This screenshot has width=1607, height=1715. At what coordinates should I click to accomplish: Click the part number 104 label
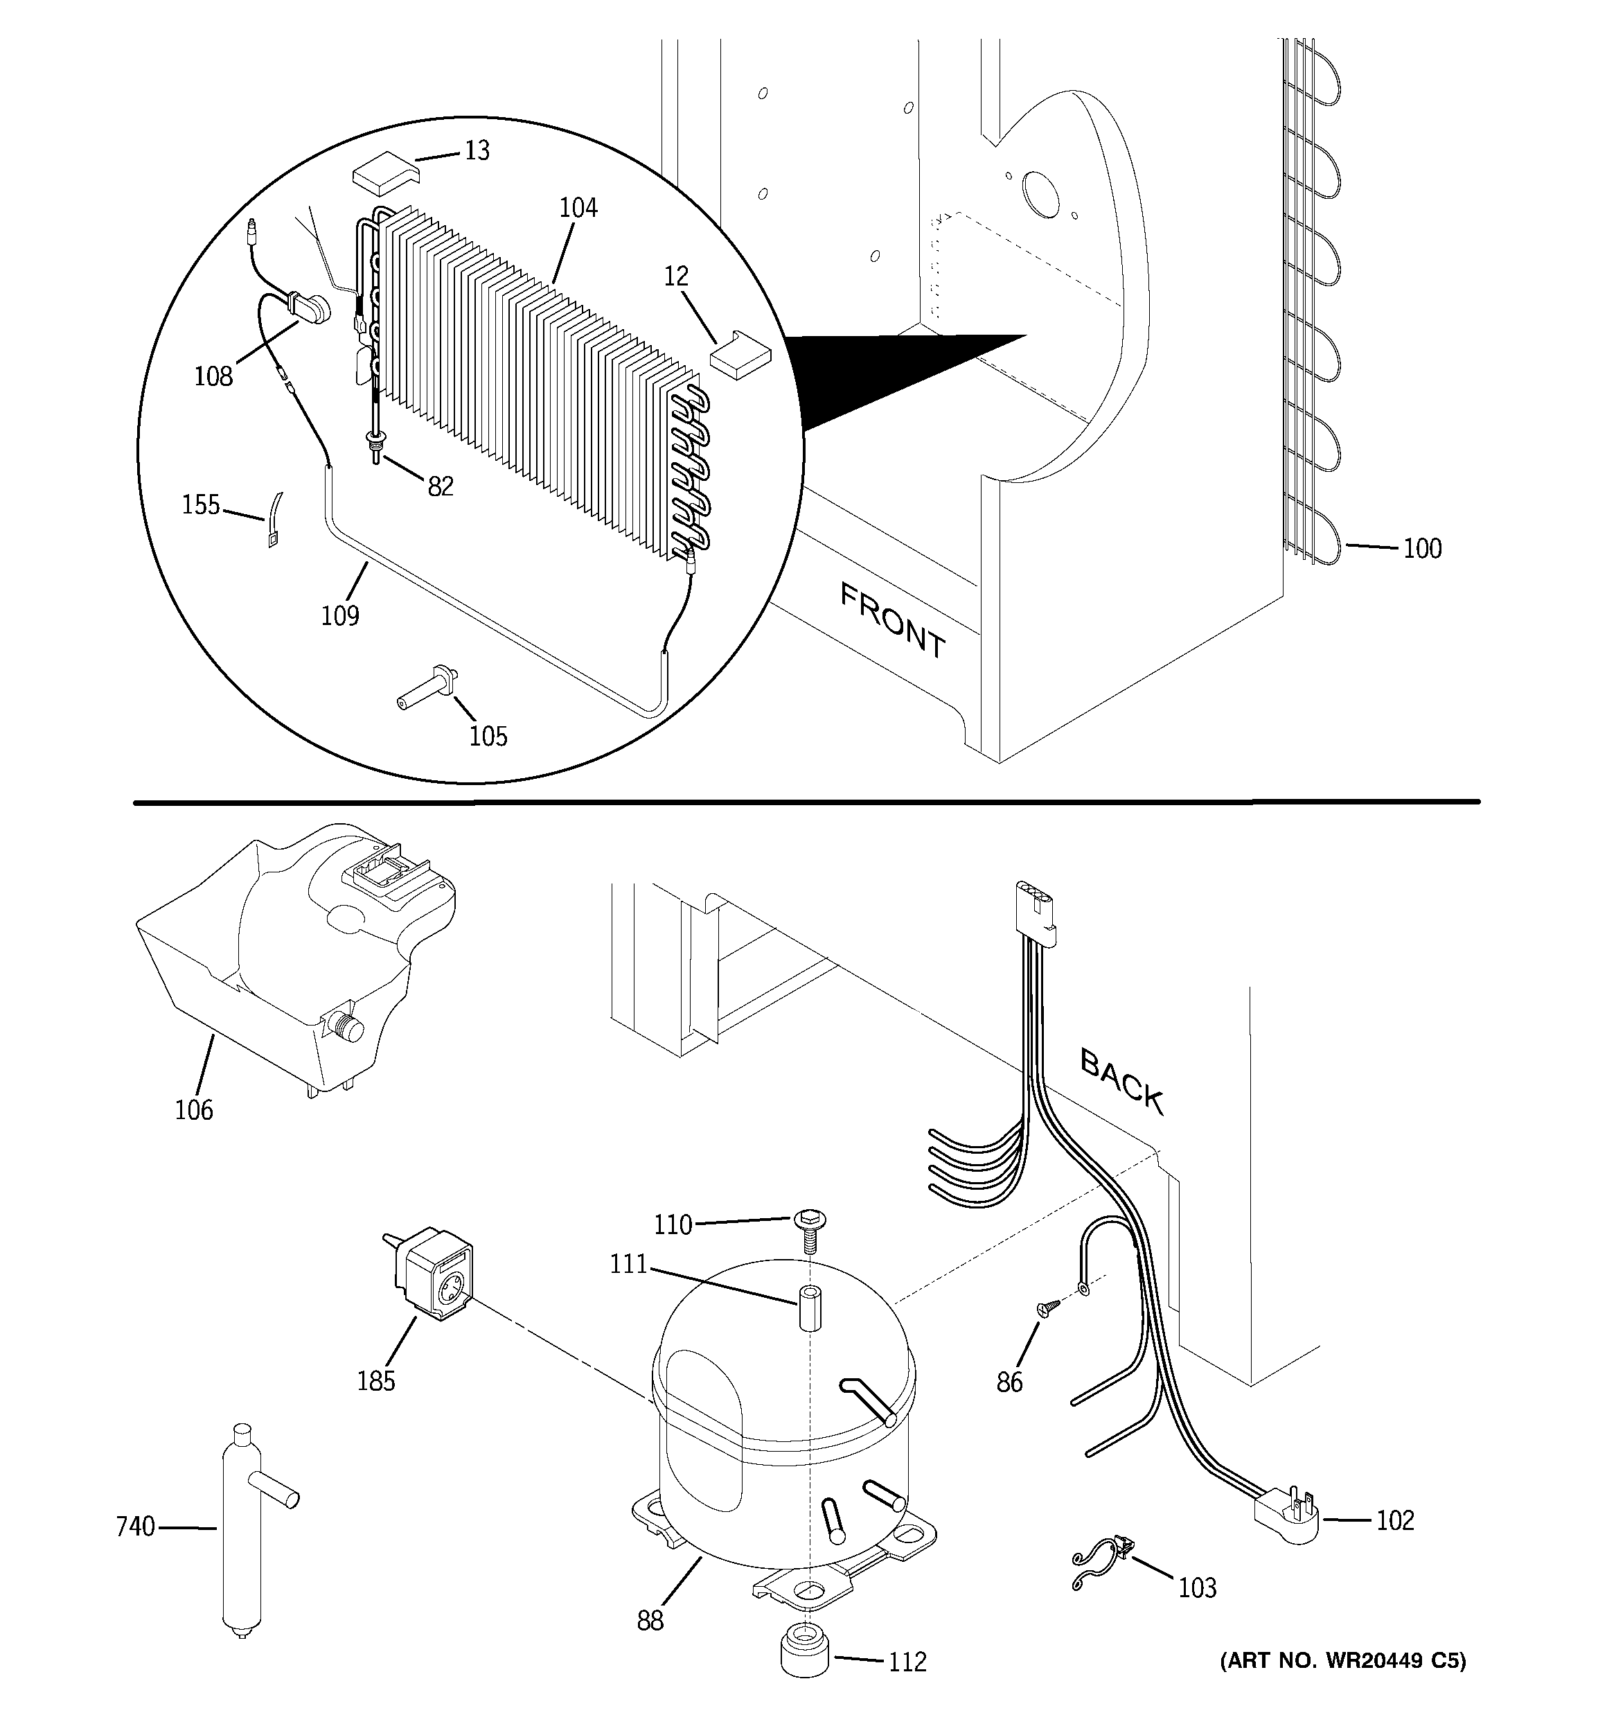pos(578,208)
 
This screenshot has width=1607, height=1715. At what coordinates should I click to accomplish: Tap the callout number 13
pos(477,151)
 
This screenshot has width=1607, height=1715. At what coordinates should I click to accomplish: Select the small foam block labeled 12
pos(740,353)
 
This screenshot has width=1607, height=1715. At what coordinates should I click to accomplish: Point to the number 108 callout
pos(213,376)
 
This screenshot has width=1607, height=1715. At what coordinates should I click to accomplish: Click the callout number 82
pos(440,486)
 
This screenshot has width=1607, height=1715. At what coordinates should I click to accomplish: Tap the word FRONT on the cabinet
pos(893,620)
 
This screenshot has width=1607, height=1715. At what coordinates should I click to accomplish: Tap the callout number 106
pos(193,1109)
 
